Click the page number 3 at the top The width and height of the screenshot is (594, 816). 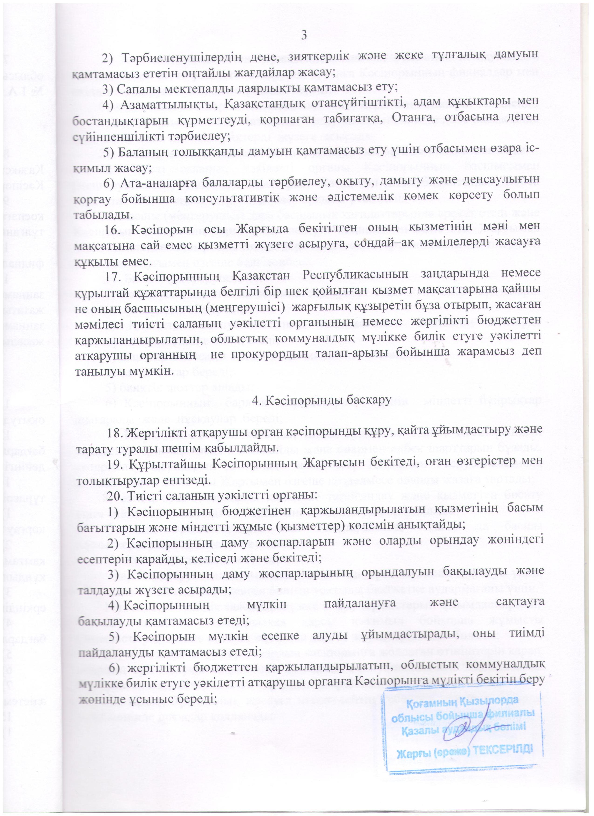click(304, 36)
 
